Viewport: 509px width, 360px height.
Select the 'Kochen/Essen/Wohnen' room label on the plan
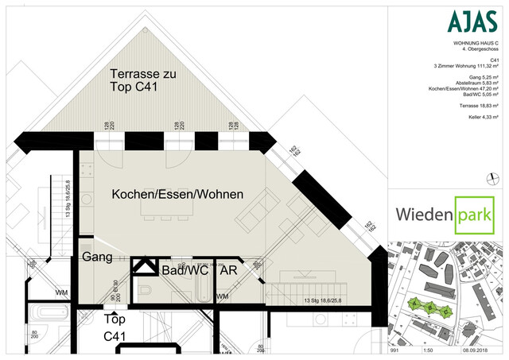click(177, 195)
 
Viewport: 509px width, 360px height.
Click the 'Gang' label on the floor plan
click(96, 258)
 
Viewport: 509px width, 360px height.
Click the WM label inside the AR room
click(222, 296)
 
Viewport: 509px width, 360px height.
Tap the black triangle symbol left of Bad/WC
click(144, 266)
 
